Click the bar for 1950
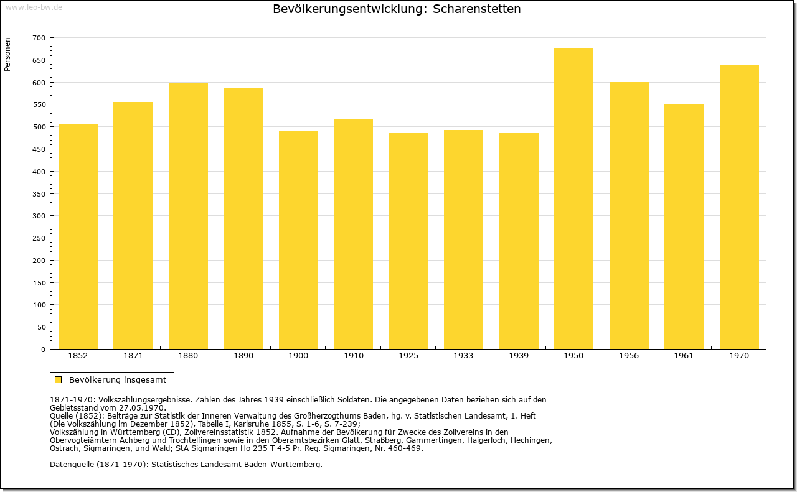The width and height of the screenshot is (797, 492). pyautogui.click(x=573, y=198)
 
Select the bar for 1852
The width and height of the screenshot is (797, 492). pyautogui.click(x=78, y=237)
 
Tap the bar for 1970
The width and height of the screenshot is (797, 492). pyautogui.click(x=739, y=207)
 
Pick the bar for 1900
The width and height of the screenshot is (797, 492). pyautogui.click(x=298, y=239)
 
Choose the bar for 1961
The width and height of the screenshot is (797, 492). pyautogui.click(x=684, y=226)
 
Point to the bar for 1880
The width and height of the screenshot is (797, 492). pyautogui.click(x=188, y=216)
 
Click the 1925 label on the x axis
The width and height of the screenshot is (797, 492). pyautogui.click(x=408, y=356)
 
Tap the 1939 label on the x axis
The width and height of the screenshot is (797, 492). pyautogui.click(x=519, y=356)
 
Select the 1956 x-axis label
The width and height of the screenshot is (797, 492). pyautogui.click(x=629, y=356)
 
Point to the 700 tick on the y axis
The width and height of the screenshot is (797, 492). pyautogui.click(x=39, y=38)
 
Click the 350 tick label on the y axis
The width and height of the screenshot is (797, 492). pyautogui.click(x=39, y=193)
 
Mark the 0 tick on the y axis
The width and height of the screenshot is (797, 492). pyautogui.click(x=43, y=350)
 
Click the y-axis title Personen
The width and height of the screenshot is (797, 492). pyautogui.click(x=7, y=54)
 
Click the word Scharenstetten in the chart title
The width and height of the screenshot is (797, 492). pyautogui.click(x=476, y=9)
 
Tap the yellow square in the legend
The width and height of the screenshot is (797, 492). pyautogui.click(x=59, y=379)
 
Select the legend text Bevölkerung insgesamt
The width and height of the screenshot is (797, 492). pyautogui.click(x=118, y=379)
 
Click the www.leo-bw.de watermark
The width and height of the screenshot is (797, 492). pyautogui.click(x=34, y=7)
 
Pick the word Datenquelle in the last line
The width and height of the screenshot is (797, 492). pyautogui.click(x=72, y=464)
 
